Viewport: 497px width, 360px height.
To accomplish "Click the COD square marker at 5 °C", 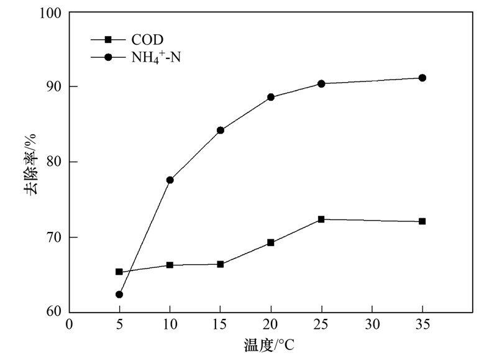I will (119, 272).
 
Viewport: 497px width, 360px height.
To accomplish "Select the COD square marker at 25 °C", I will (321, 219).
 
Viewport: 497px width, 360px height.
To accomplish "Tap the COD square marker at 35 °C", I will (422, 221).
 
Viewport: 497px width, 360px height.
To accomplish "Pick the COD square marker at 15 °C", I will (221, 264).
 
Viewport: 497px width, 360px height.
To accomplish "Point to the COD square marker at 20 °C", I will (271, 242).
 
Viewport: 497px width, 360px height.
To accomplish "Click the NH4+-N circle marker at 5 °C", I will (119, 295).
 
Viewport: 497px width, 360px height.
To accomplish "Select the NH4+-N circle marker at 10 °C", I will (170, 180).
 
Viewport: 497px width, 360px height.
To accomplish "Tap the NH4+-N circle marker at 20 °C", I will (271, 97).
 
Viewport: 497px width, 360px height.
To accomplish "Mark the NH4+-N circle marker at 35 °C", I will (422, 78).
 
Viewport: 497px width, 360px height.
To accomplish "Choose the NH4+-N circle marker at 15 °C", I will (221, 131).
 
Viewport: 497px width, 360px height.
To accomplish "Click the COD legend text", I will (147, 40).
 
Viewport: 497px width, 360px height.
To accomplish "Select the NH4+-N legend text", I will (156, 58).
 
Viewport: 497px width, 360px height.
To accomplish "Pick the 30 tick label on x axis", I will (372, 325).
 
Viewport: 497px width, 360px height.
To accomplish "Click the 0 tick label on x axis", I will (69, 325).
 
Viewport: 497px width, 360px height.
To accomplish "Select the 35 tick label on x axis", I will (422, 325).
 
